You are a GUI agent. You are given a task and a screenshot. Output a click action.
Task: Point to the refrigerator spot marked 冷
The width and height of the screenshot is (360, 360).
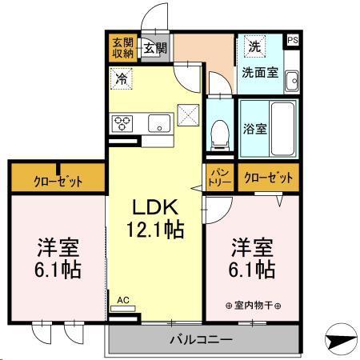tap(121, 78)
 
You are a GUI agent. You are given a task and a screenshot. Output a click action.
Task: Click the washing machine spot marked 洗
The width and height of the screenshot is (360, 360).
tap(253, 46)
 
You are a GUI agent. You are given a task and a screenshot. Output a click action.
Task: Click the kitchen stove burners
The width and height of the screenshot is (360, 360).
tap(124, 123)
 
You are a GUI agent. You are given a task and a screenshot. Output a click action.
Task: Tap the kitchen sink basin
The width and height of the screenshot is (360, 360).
tap(159, 123)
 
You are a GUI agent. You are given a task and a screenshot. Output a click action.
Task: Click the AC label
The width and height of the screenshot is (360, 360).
tap(122, 301)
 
